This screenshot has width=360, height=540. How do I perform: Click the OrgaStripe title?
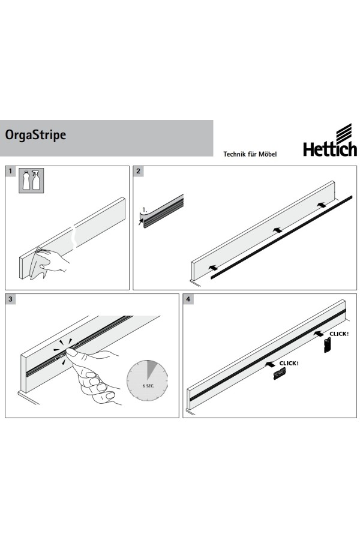click(35, 135)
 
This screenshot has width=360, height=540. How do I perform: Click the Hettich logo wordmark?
click(329, 149)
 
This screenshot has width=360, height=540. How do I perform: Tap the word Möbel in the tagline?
click(268, 154)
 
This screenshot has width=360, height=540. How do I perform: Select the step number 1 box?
click(10, 171)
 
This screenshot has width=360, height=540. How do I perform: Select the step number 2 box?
click(139, 171)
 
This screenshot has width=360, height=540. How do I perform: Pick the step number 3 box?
click(10, 299)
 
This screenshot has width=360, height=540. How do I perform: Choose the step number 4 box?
click(188, 299)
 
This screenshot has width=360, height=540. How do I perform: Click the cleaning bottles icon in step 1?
click(31, 181)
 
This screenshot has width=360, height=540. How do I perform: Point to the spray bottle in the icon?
click(36, 181)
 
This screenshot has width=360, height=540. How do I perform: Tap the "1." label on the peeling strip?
click(145, 209)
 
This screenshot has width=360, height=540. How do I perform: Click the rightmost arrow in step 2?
click(322, 205)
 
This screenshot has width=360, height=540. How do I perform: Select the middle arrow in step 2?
click(277, 230)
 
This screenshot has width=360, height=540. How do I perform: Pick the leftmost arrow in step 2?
click(214, 267)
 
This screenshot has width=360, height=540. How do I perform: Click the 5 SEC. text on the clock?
click(148, 386)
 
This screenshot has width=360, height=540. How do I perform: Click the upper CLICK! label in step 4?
click(339, 334)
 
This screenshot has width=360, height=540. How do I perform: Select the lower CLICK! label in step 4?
click(289, 364)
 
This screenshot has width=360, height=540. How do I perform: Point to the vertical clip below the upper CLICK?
click(328, 345)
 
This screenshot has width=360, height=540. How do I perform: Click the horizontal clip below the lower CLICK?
click(280, 374)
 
